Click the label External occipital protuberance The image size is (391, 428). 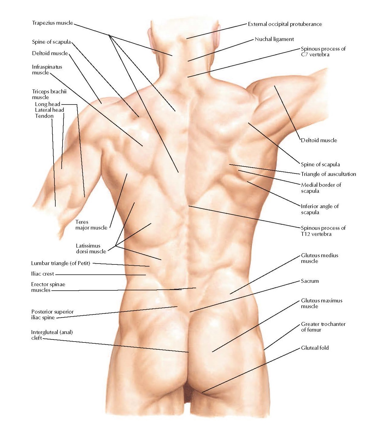285,24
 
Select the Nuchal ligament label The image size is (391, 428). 274,39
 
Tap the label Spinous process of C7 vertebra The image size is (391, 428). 323,52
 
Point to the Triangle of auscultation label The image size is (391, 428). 328,174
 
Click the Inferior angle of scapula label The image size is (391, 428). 319,209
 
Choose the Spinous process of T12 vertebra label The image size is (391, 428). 323,231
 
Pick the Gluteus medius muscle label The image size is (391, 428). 319,258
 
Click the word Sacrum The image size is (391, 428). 309,281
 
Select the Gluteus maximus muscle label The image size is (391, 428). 321,303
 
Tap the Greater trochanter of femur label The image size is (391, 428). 323,327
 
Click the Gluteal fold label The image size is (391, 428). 315,348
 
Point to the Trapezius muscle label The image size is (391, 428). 52,23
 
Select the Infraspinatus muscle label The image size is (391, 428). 47,70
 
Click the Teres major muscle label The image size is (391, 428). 91,225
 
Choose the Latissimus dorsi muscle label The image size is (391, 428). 91,248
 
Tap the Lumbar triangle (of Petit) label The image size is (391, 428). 60,263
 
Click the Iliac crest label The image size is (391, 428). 42,274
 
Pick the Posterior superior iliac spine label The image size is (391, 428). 52,314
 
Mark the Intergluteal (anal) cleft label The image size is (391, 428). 51,335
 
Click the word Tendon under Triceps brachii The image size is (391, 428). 44,116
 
